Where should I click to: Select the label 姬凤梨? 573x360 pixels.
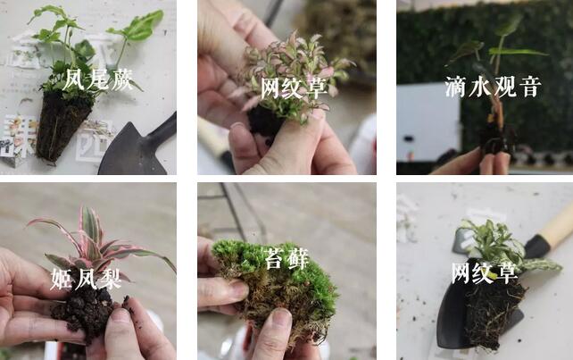(86, 280)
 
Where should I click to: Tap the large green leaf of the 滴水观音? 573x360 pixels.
(518, 52)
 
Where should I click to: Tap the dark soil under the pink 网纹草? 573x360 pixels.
(265, 121)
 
